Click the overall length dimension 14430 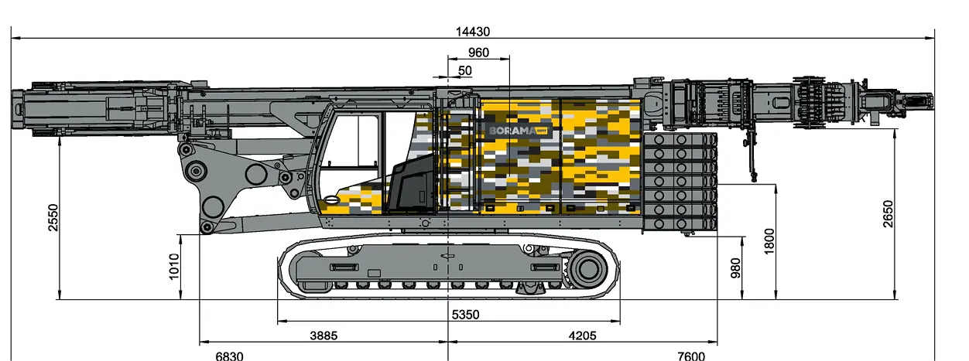[x=473, y=32]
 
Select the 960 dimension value [x=478, y=53]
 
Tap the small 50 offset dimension [x=464, y=70]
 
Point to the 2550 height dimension [x=53, y=217]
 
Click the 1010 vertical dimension [x=173, y=267]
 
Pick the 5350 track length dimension [x=465, y=315]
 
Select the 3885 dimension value [x=324, y=335]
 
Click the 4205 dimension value [x=582, y=335]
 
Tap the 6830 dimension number [x=229, y=356]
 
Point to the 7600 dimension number [x=691, y=356]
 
